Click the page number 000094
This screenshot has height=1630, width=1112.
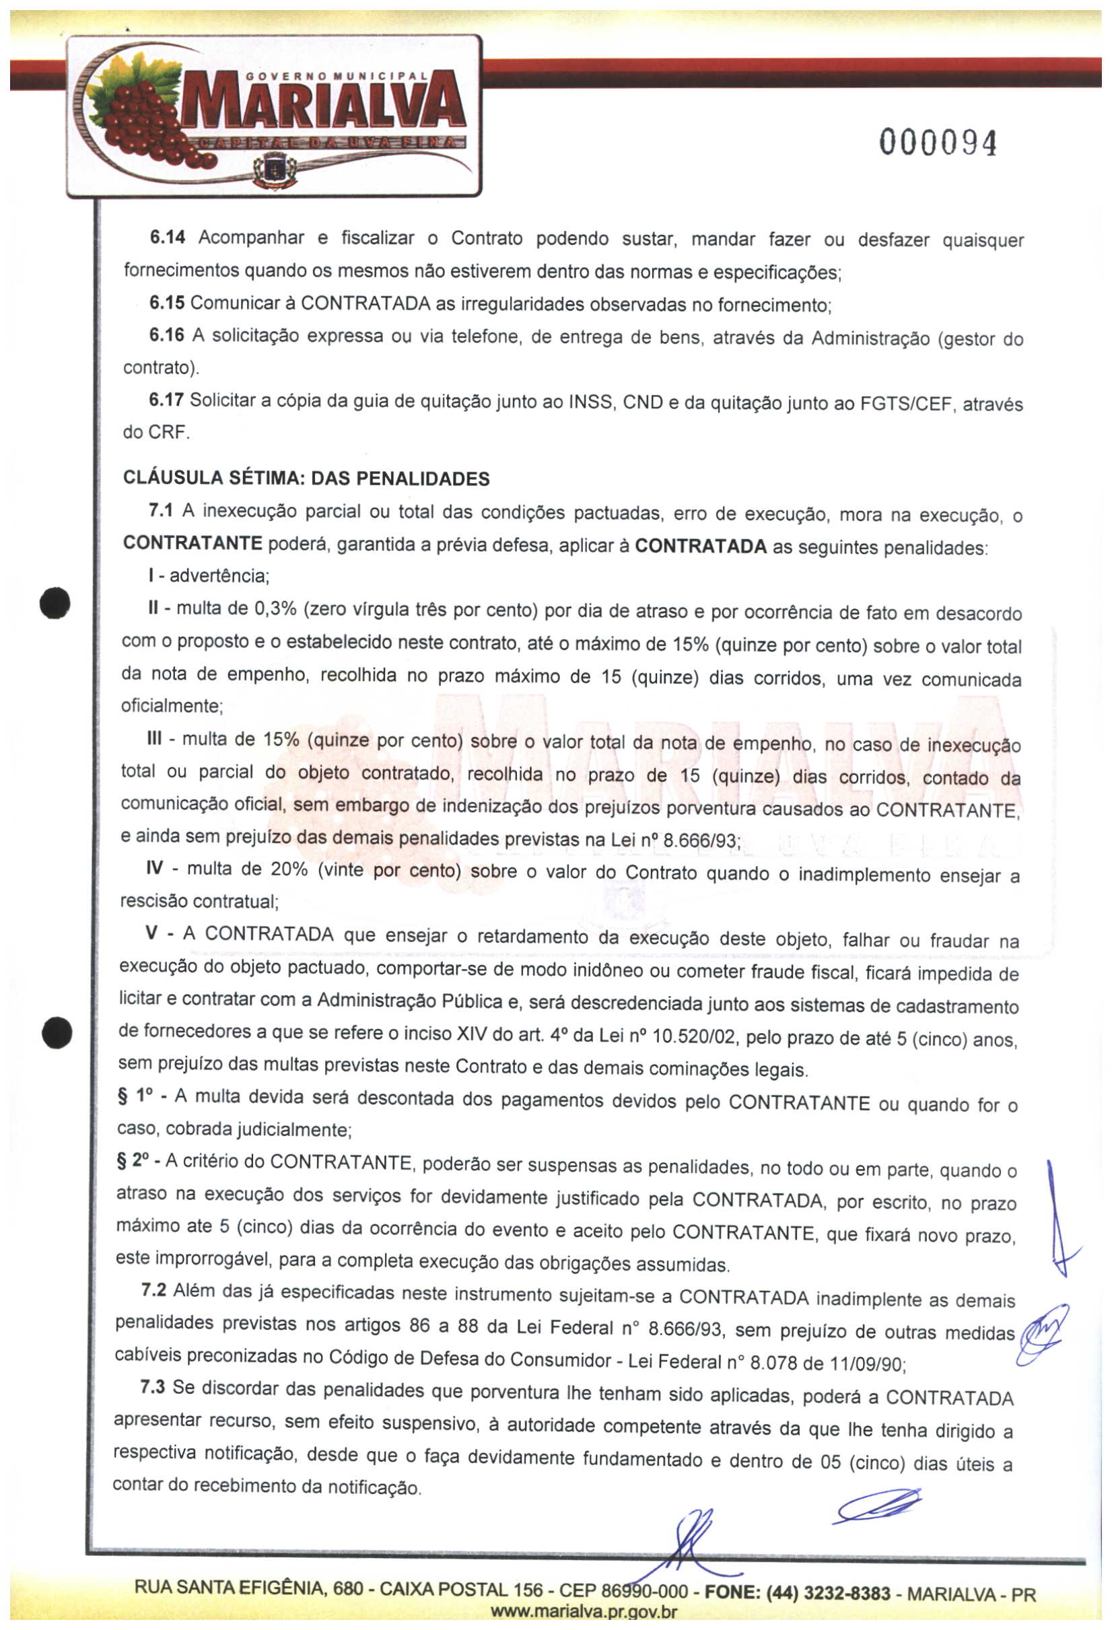[x=936, y=143]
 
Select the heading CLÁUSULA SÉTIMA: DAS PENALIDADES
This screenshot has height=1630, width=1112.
[x=306, y=479]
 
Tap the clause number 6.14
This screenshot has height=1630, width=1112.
[x=167, y=238]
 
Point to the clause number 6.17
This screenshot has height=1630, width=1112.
[x=166, y=400]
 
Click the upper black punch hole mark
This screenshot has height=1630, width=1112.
[x=55, y=603]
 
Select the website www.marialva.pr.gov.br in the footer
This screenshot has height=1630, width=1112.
[x=584, y=1612]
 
